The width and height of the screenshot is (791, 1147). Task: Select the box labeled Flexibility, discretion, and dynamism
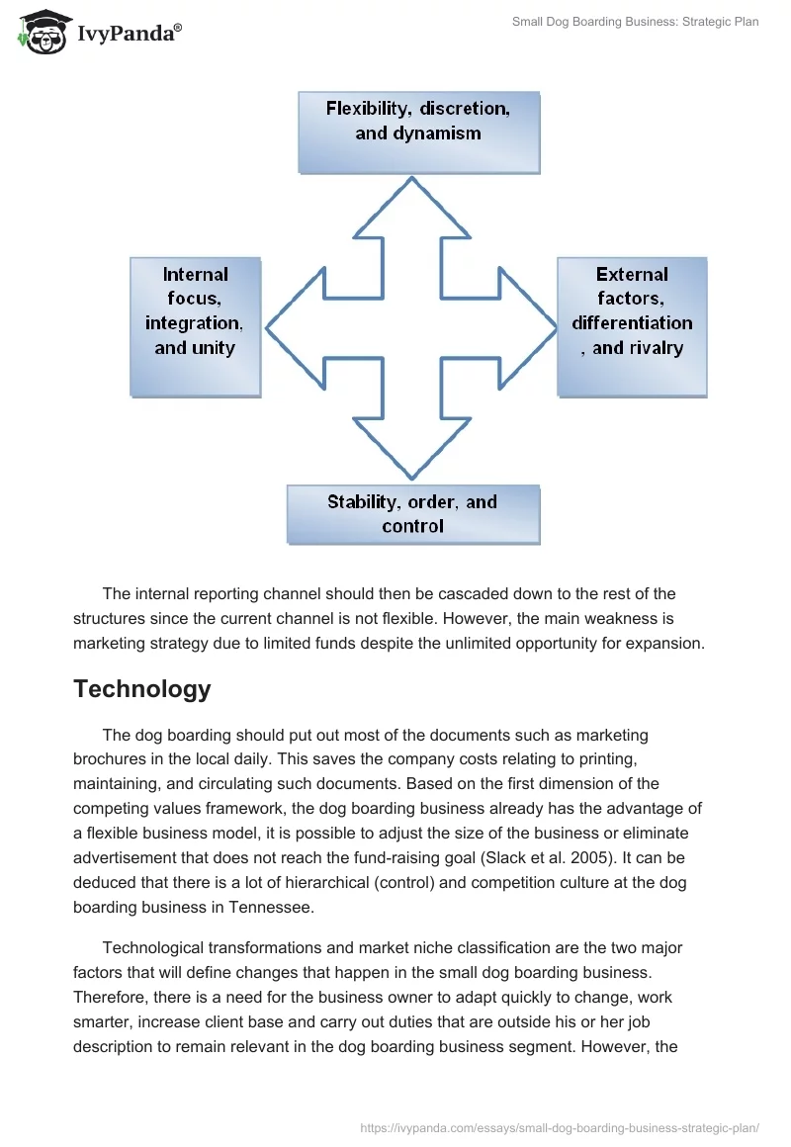tap(418, 132)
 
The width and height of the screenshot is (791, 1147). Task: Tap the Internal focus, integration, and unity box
tap(195, 326)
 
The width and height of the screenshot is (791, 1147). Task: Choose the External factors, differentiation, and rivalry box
tap(632, 326)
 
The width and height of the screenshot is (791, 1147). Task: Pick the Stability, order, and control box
tap(412, 514)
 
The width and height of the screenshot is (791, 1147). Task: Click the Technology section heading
tap(141, 689)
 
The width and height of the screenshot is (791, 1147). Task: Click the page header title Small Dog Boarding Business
tap(635, 22)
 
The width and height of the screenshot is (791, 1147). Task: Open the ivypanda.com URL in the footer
tap(560, 1117)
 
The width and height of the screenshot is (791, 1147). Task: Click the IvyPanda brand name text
tap(129, 33)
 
